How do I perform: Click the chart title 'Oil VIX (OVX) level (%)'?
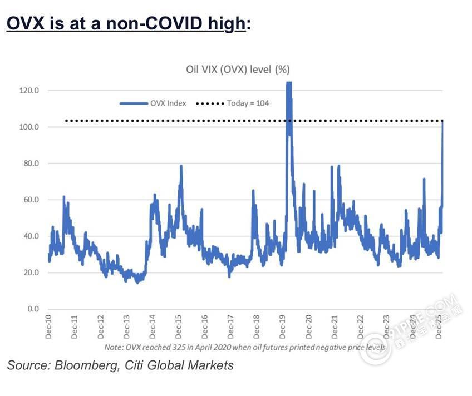[x=238, y=70]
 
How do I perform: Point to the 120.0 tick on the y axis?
[x=29, y=91]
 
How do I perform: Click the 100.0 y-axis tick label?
[x=29, y=127]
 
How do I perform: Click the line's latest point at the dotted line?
[x=442, y=121]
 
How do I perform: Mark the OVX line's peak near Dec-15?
[x=181, y=166]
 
